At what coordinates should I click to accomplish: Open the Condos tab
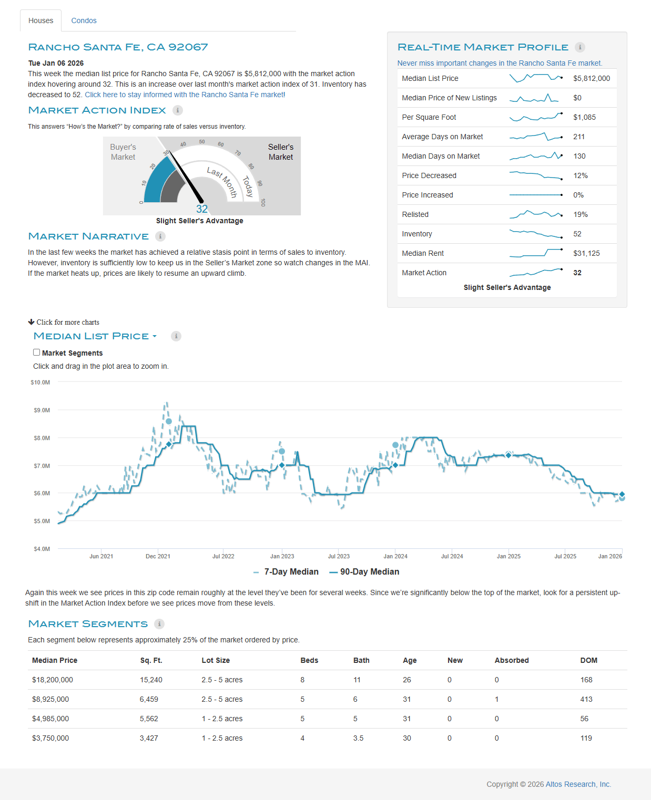click(84, 20)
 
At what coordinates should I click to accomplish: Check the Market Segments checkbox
click(37, 352)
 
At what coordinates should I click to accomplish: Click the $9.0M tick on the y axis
click(42, 410)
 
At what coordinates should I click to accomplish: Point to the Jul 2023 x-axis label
click(339, 556)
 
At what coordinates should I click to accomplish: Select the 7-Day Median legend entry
click(286, 572)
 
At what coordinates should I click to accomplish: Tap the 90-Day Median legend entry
click(364, 572)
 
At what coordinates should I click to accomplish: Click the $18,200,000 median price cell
click(53, 680)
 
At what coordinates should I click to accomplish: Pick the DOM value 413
click(586, 699)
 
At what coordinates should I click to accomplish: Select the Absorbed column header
click(512, 660)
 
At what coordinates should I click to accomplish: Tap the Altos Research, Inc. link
click(578, 784)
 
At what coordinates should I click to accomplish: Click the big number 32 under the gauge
click(202, 209)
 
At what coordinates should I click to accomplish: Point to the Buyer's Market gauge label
click(123, 152)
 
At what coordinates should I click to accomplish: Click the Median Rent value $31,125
click(586, 253)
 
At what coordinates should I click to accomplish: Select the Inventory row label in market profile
click(417, 234)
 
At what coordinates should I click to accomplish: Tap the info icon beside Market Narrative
click(160, 236)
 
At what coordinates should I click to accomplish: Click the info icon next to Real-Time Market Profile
click(580, 47)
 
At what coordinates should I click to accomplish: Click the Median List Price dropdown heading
click(95, 336)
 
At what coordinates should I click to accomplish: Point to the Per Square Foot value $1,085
click(584, 117)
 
